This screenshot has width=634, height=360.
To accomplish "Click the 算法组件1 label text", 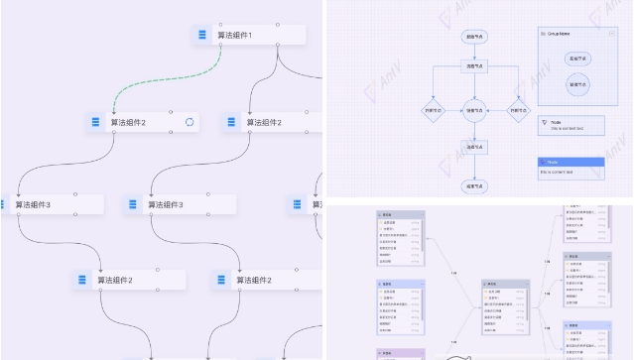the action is tap(235, 36).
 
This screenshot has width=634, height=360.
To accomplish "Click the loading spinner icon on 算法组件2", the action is tap(190, 122).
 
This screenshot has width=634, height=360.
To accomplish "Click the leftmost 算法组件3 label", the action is tap(33, 204).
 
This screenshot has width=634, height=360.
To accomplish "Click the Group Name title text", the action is tap(559, 34).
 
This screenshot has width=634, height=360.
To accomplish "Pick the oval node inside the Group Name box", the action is tap(576, 59).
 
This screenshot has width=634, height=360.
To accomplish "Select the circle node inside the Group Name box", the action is tap(576, 85).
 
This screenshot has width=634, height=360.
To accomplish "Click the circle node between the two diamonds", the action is tap(475, 110).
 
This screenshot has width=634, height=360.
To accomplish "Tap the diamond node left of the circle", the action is tap(432, 110).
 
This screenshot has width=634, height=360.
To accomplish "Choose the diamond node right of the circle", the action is tap(517, 110).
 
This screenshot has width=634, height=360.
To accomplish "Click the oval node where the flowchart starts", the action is tap(475, 36).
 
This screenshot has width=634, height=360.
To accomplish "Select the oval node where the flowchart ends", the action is tap(475, 184).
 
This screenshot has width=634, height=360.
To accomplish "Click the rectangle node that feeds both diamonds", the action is tap(475, 66).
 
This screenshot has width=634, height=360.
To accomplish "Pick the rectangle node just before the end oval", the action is tap(475, 148).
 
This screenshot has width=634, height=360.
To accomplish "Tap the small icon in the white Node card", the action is tap(545, 121).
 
